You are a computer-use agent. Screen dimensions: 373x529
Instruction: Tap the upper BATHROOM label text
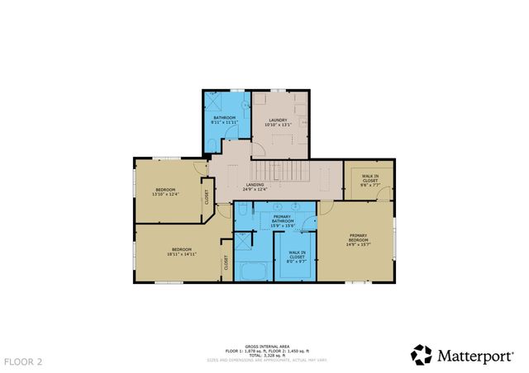[x=225, y=118]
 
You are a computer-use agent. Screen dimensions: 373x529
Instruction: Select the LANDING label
[x=256, y=185]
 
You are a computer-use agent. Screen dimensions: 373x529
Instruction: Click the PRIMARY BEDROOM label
[x=357, y=237]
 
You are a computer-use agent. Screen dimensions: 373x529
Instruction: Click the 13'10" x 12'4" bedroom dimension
[x=165, y=196]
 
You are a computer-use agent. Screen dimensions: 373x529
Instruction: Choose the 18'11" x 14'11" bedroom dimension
[x=182, y=253]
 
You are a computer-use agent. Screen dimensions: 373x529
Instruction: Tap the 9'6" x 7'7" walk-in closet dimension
[x=369, y=185]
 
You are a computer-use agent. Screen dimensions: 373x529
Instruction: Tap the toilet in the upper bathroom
[x=210, y=144]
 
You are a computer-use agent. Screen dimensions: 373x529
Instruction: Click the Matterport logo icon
[x=422, y=355]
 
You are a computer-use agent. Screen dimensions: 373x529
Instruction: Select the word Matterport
[x=476, y=356]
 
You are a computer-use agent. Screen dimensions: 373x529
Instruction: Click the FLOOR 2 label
[x=23, y=361]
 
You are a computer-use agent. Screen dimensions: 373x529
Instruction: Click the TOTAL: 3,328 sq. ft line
[x=265, y=355]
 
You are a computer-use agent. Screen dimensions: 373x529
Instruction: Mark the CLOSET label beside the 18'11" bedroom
[x=225, y=263]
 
